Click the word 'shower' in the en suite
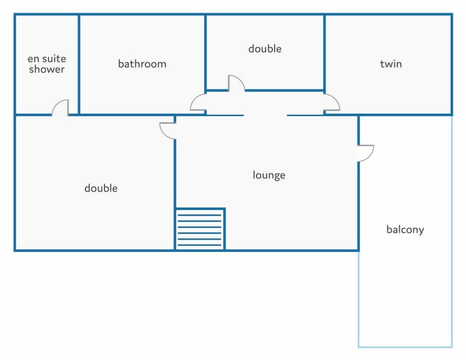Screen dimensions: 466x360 (47, 69)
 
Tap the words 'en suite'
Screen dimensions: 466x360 (47, 59)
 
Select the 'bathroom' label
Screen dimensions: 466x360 (142, 64)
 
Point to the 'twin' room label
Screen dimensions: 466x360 (391, 64)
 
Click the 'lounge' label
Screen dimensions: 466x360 (269, 175)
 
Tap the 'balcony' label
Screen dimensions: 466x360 (405, 229)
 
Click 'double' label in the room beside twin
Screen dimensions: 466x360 (265, 49)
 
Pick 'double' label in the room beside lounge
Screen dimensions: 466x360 (101, 188)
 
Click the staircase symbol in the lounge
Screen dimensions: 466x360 (200, 229)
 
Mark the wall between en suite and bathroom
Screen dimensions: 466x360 (79, 64)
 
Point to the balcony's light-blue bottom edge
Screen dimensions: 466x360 (405, 346)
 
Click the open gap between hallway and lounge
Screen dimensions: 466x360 (266, 115)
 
